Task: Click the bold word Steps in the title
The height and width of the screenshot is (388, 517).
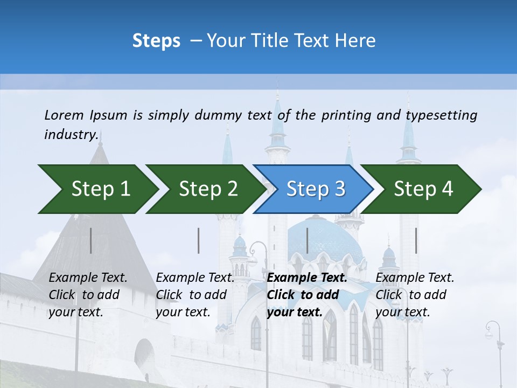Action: point(156,41)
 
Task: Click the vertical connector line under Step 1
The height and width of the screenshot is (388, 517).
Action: point(91,240)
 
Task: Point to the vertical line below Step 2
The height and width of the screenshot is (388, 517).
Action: point(199,240)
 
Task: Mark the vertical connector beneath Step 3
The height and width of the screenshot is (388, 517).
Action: point(308,240)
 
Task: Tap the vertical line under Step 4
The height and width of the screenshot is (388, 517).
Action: point(416,240)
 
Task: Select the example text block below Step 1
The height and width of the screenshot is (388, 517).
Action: point(88,295)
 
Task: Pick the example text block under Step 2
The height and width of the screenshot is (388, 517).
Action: point(195,295)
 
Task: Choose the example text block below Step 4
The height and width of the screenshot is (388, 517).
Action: point(415,295)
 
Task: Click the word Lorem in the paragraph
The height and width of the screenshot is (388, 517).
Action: point(64,115)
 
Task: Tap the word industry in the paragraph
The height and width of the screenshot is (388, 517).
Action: point(71,134)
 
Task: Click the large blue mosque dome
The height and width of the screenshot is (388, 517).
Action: point(325,237)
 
